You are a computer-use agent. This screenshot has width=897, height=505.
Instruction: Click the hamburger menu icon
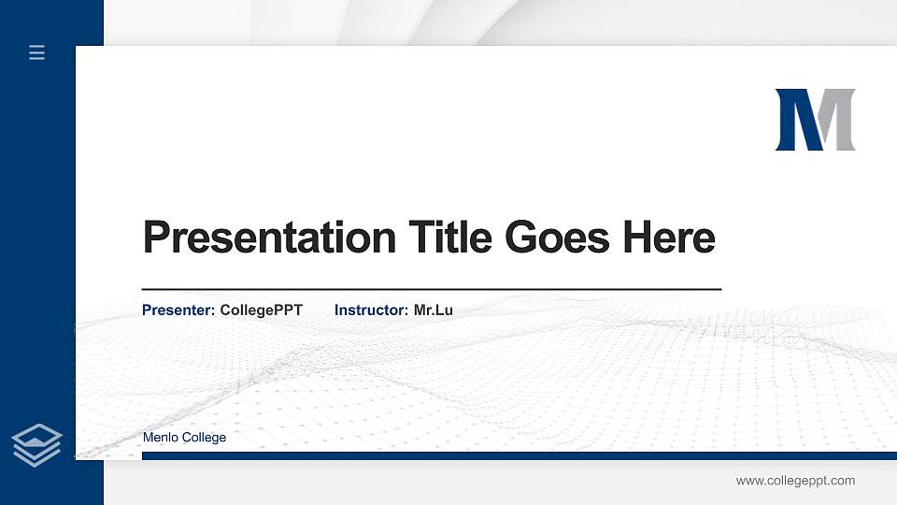37,52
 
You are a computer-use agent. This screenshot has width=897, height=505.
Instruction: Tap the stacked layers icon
37,445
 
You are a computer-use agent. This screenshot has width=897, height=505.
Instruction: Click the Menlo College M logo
815,120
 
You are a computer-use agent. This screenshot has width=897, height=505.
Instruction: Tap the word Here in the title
669,238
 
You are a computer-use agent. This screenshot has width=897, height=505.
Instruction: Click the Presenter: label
178,310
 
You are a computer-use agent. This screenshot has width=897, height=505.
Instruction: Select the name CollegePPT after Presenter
261,310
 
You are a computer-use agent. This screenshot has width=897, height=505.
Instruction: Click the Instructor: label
371,310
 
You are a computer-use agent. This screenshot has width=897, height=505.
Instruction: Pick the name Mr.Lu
433,310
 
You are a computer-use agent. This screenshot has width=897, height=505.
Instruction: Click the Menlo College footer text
184,438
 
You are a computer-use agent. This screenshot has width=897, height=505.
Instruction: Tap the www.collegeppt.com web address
795,481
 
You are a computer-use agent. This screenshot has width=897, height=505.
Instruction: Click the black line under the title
432,290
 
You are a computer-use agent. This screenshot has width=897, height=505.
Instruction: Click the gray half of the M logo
839,120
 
